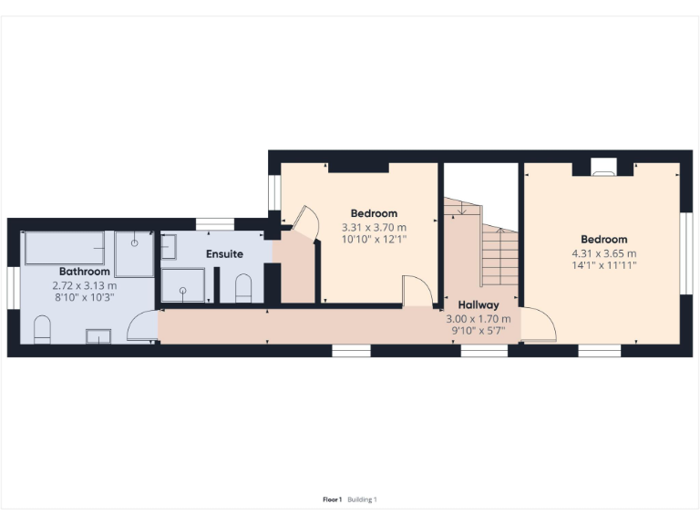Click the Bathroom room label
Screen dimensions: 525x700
[x=85, y=272]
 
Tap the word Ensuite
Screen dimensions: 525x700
[x=224, y=253]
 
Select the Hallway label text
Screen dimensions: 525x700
[x=478, y=305]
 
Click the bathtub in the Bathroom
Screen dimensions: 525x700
[x=64, y=247]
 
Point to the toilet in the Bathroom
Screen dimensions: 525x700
[x=42, y=329]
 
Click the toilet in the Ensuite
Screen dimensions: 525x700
[x=243, y=288]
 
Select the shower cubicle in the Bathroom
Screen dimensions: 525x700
[x=134, y=253]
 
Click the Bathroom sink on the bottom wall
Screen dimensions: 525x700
[x=98, y=336]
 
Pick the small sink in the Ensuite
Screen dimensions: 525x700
[x=169, y=246]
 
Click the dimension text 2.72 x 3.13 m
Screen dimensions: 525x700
[x=85, y=285]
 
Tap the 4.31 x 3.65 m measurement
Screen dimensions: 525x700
[x=603, y=253]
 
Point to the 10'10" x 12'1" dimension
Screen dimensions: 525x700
[x=374, y=239]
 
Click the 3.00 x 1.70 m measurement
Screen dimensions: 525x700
[x=478, y=319]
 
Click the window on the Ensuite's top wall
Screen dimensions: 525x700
[x=215, y=223]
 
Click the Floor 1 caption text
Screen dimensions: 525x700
[x=332, y=499]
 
